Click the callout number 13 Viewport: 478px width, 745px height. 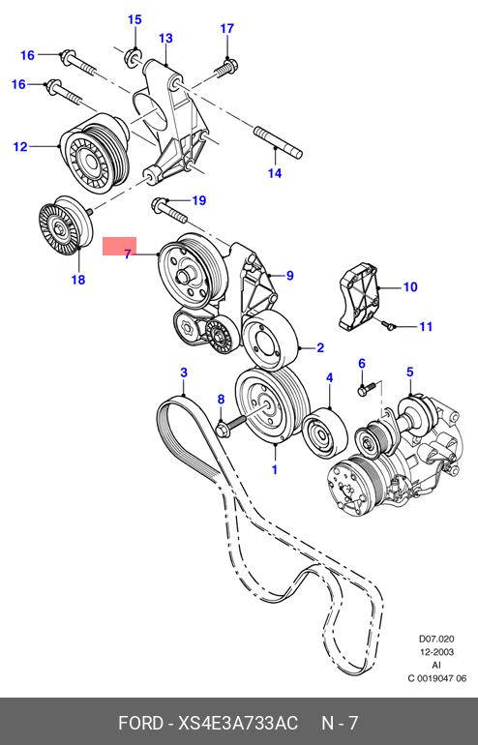coord(165,38)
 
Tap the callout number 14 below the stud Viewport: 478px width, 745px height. coord(275,173)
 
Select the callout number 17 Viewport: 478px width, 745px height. coord(227,28)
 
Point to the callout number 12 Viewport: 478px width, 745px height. coord(20,146)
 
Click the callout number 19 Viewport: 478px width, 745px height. coord(199,200)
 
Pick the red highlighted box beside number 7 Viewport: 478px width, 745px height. coord(120,246)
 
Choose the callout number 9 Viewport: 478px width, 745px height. coord(290,276)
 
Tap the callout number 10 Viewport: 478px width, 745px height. coord(410,287)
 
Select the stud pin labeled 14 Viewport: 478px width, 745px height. coord(279,140)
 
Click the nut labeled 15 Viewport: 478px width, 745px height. coord(133,57)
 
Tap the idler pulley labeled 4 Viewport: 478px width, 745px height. coord(325,432)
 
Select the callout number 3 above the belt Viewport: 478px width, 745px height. coord(184,372)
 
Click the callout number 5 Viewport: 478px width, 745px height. coord(410,372)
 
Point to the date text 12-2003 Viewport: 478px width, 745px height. coord(436,652)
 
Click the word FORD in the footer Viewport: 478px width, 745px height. coord(140,723)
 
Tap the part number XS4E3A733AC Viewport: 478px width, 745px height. coord(238,723)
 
